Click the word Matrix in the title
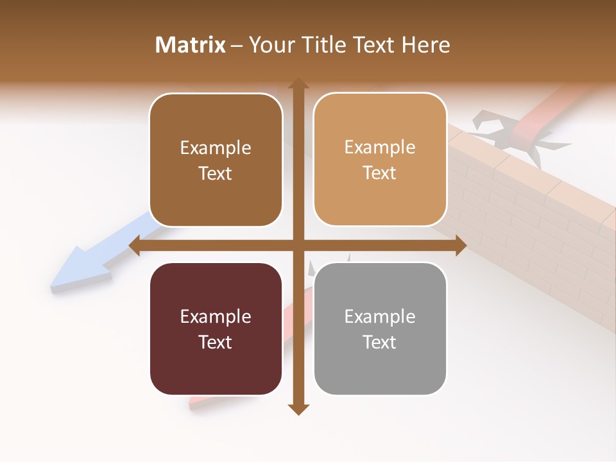(x=191, y=45)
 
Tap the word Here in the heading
(x=426, y=45)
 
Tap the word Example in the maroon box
(x=216, y=317)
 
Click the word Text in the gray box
(x=380, y=342)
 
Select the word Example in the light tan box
(x=380, y=148)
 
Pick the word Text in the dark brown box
(x=216, y=173)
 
